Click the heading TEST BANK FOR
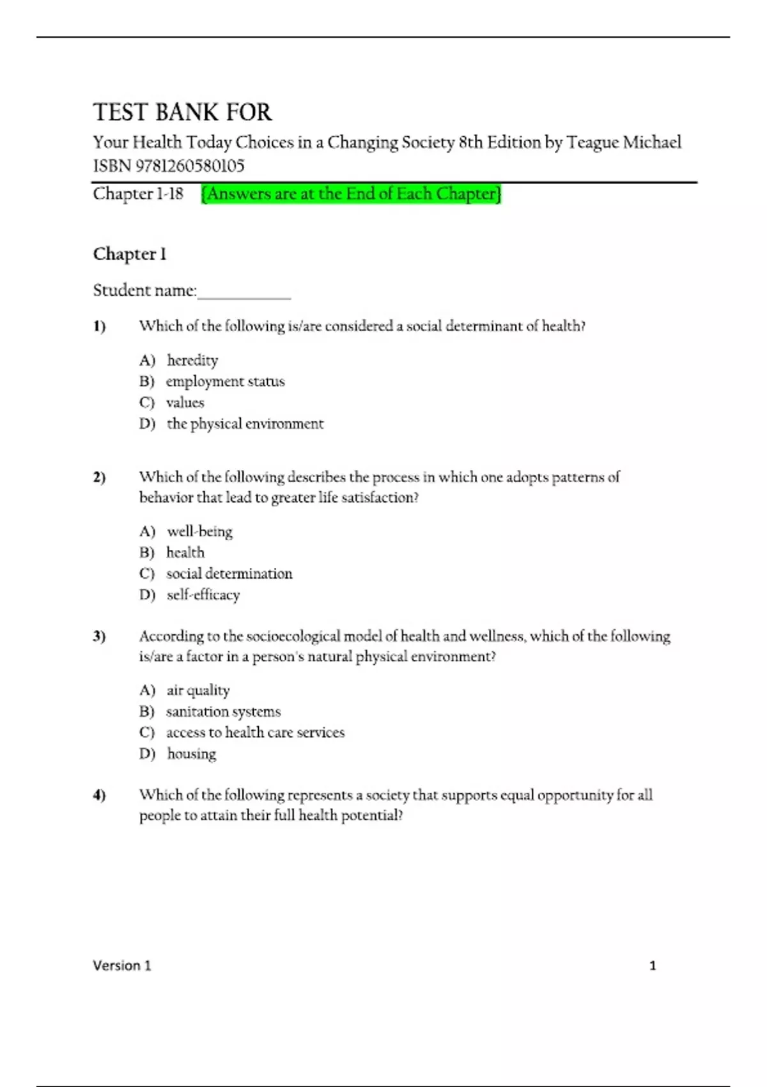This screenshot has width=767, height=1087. tap(182, 113)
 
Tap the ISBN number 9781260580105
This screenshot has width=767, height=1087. tap(190, 166)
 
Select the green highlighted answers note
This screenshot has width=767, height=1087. tap(351, 194)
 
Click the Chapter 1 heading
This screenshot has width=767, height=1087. tap(130, 254)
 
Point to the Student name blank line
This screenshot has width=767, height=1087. tap(244, 293)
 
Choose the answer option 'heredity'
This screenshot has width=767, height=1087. tap(192, 361)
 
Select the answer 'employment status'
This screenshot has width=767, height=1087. tap(225, 382)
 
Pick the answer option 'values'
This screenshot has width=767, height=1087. tap(185, 403)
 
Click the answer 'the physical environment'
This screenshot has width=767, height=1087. tap(245, 424)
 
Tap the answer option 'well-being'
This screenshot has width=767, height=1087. tap(199, 531)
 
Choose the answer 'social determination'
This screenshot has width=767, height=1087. tap(229, 574)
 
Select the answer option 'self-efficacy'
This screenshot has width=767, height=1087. tap(203, 595)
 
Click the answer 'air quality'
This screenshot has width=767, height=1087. tap(198, 690)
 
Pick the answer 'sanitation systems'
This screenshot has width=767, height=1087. tap(223, 712)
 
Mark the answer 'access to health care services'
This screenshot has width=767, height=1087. tap(255, 733)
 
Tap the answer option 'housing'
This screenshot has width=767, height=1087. tap(191, 754)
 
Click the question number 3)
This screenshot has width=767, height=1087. tap(99, 636)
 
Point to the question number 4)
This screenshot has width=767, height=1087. tap(99, 795)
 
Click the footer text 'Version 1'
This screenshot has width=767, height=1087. tap(122, 966)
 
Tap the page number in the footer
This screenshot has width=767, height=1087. tap(653, 966)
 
